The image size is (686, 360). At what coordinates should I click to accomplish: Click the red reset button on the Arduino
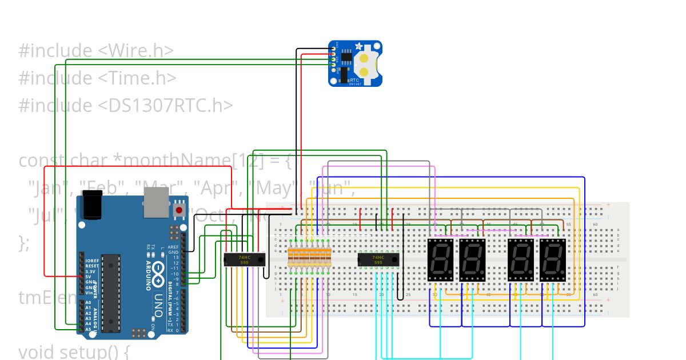pos(179,210)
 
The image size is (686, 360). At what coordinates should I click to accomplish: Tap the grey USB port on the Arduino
pos(156,204)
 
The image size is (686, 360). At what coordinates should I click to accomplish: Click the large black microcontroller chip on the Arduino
pos(111,293)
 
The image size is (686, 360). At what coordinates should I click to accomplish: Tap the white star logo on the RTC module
pos(358,46)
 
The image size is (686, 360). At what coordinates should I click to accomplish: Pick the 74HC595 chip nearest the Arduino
pos(244,259)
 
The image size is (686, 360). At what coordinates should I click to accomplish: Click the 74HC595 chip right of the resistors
pos(378,259)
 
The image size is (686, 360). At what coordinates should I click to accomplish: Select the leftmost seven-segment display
pos(440,260)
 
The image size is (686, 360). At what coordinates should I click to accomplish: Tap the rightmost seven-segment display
pos(553,260)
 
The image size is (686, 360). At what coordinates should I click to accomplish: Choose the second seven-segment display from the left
pos(472,260)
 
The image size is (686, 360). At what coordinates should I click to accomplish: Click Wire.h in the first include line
pos(136,51)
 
